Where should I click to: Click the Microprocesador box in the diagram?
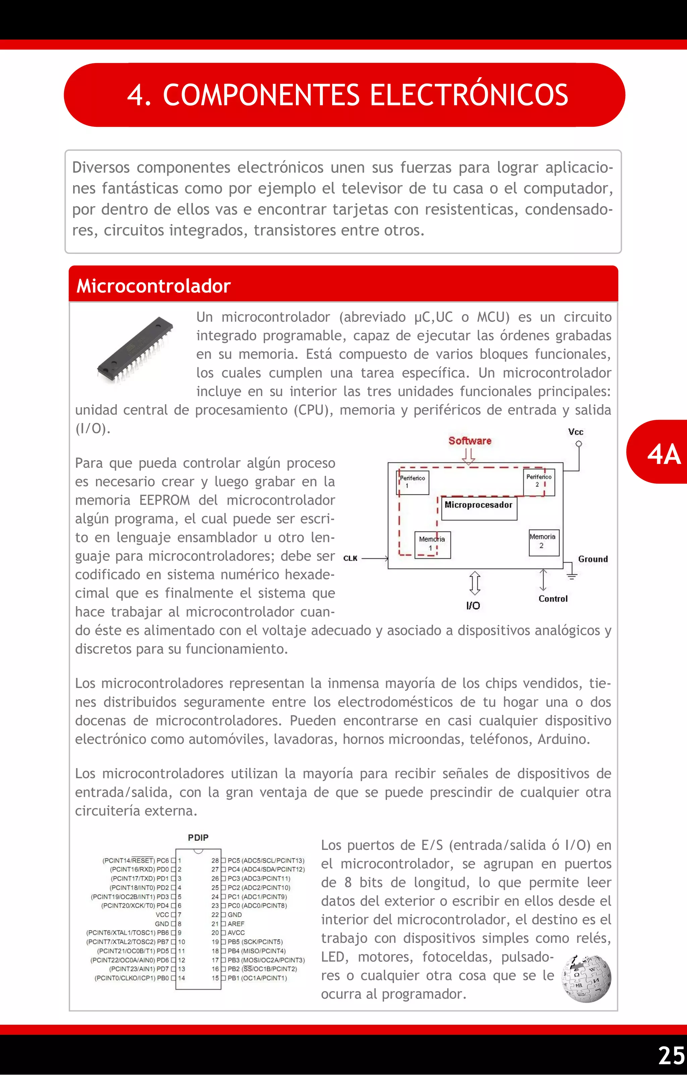tap(479, 508)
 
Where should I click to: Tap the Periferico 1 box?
tap(413, 482)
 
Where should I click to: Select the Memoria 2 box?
tap(543, 542)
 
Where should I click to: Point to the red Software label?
tap(470, 441)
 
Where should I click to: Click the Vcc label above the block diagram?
tap(575, 432)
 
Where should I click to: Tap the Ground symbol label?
tap(592, 559)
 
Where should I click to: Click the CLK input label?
tap(351, 558)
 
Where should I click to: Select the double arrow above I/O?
tap(475, 583)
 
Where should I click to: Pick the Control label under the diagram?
tap(552, 599)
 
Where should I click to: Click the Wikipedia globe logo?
tap(587, 978)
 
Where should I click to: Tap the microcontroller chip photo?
tap(135, 349)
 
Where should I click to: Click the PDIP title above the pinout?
tap(198, 838)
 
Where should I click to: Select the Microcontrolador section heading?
tap(154, 286)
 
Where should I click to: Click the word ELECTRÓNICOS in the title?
tap(468, 95)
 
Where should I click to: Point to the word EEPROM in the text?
tap(164, 500)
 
